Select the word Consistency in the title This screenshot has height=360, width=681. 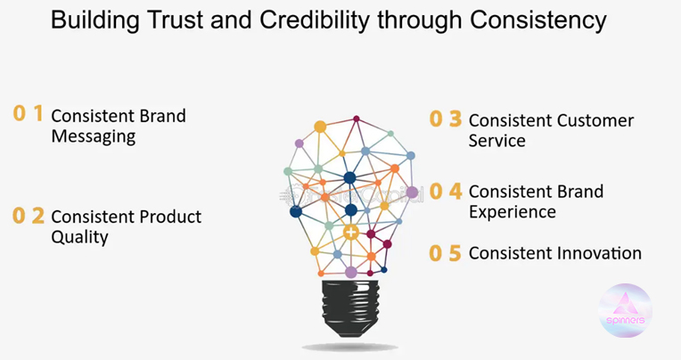point(543,20)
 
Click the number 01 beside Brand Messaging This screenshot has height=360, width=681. point(28,113)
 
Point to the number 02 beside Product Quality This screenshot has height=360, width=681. point(28,215)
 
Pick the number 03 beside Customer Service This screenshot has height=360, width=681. point(446,119)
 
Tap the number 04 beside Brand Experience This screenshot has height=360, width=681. point(446,191)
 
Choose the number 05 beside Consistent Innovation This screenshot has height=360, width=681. point(446,253)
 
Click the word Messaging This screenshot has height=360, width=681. point(93,137)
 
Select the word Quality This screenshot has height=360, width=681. point(79,237)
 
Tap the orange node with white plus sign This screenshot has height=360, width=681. point(352,233)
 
